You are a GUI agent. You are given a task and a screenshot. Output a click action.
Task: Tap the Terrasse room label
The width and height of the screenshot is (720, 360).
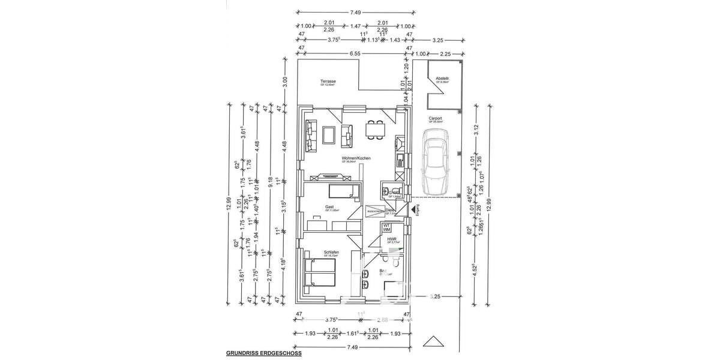[328, 82]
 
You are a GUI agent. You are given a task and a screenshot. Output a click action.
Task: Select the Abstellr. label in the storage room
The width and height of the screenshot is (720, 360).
[443, 79]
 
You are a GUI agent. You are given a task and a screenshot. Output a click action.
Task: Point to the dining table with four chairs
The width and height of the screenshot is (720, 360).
[377, 130]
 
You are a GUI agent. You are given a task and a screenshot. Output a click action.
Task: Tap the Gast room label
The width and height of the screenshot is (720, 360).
[329, 206]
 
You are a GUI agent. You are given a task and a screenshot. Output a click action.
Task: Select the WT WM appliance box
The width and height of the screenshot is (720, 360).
[387, 227]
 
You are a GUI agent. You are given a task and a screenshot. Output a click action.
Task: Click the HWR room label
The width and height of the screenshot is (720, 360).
[392, 239]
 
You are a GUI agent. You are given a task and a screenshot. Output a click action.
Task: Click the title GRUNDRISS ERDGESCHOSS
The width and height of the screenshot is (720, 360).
[263, 354]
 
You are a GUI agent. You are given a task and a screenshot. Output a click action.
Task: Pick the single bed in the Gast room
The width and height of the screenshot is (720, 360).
[343, 191]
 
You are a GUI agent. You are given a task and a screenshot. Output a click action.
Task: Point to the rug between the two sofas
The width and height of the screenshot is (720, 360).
[329, 135]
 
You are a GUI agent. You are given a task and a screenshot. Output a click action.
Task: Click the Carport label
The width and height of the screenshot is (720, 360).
[435, 119]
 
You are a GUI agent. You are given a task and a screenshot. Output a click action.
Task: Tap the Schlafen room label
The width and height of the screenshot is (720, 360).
[332, 252]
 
